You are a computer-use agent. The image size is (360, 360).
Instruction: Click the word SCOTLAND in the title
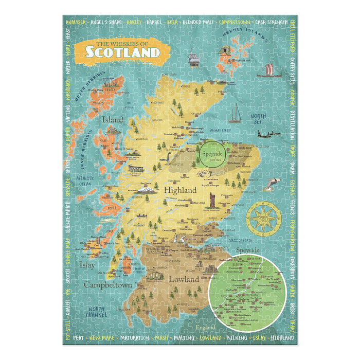point(122,52)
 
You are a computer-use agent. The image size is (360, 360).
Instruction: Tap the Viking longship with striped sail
point(269,70)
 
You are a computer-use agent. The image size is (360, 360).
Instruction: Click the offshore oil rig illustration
point(193,59)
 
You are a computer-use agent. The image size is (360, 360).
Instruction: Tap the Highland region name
point(180,190)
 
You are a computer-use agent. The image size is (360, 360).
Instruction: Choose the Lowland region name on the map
point(184,279)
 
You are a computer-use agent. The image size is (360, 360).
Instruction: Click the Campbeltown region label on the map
point(108,284)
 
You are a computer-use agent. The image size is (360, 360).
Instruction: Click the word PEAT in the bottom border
point(78,338)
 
